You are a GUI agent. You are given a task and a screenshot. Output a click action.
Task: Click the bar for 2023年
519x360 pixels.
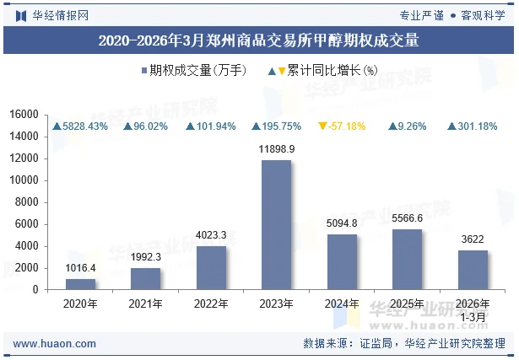276,225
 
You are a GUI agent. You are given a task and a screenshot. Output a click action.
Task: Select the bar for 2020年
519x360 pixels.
81,284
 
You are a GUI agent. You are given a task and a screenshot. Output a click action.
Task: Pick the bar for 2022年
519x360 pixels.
211,268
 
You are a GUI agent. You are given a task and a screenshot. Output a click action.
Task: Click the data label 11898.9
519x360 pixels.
276,148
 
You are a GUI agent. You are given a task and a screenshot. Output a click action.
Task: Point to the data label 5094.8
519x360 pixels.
342,223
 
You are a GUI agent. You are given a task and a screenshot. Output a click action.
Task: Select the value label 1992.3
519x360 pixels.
146,257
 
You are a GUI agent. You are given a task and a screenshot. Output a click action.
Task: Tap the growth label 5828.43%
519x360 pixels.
81,126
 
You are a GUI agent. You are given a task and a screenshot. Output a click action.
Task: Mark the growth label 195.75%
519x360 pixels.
276,126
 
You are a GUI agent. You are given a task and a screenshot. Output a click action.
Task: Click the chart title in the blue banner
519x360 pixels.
259,40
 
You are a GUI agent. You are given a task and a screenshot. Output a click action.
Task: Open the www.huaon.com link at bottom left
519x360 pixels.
55,344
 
